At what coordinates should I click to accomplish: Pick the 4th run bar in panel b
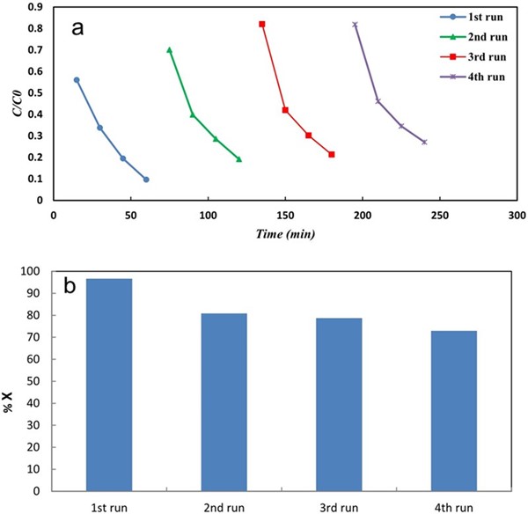pyautogui.click(x=454, y=411)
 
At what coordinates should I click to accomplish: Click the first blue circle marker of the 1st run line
pyautogui.click(x=77, y=80)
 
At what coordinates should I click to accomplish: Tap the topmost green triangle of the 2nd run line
pyautogui.click(x=169, y=50)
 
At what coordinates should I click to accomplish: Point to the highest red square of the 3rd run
pyautogui.click(x=262, y=24)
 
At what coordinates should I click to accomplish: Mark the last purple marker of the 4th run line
pyautogui.click(x=424, y=142)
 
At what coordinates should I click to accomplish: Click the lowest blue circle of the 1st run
pyautogui.click(x=146, y=180)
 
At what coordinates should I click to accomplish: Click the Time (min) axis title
pyautogui.click(x=285, y=234)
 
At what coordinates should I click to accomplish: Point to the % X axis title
pyautogui.click(x=11, y=384)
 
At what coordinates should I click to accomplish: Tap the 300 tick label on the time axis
pyautogui.click(x=517, y=215)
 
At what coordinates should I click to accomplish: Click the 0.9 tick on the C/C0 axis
pyautogui.click(x=35, y=7)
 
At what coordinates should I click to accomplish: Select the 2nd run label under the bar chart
pyautogui.click(x=224, y=507)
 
